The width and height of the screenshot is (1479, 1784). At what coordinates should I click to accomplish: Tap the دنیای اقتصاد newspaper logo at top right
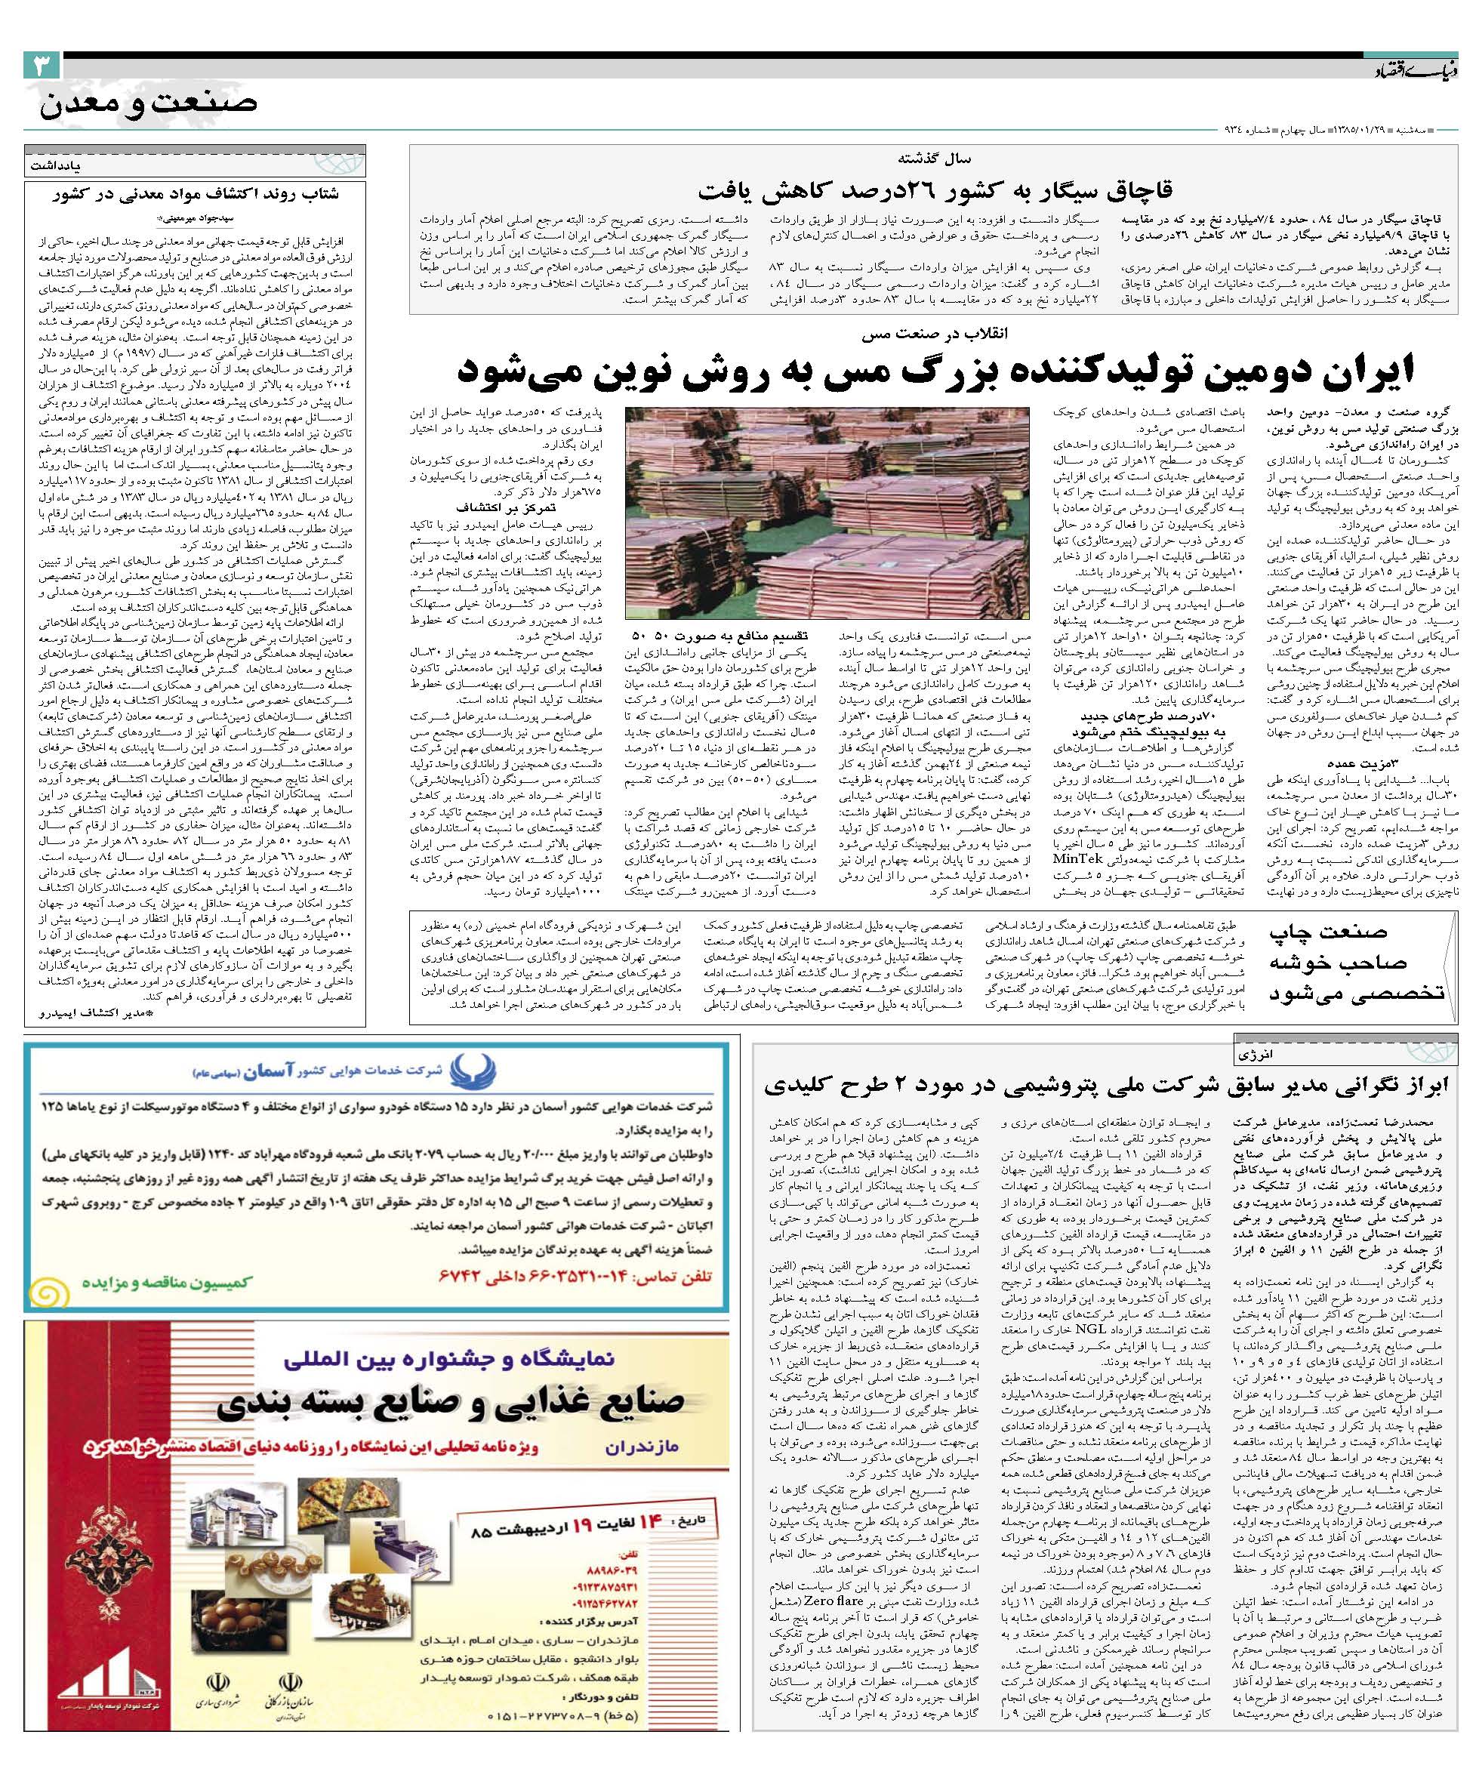coord(1411,72)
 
